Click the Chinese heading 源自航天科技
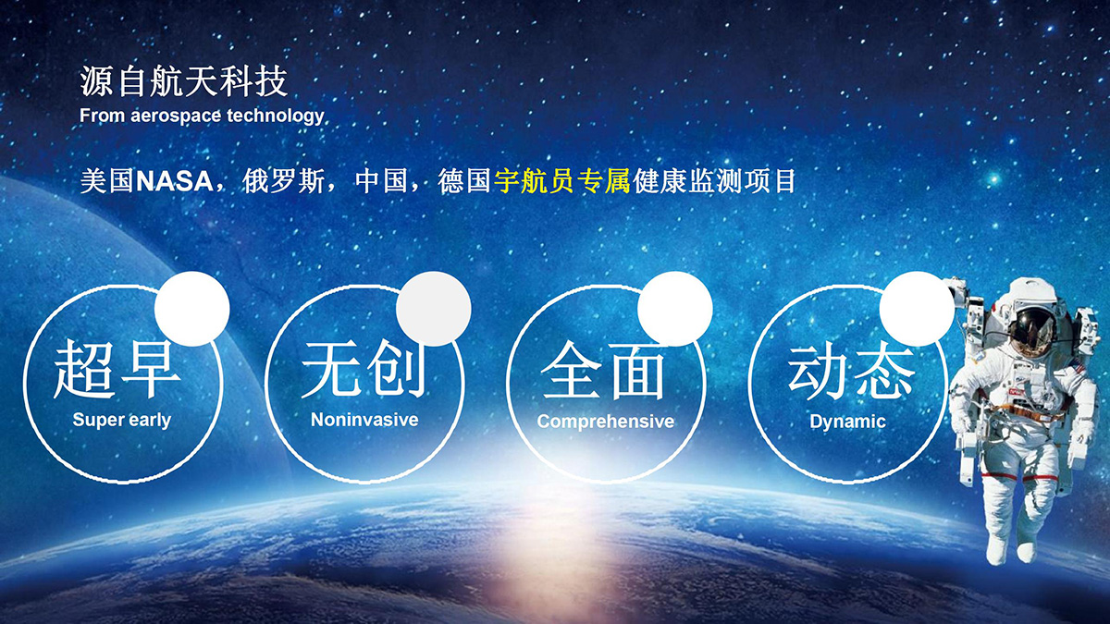coord(183,81)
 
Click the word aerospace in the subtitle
coord(176,116)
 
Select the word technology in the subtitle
coord(276,116)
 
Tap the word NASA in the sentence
coord(175,181)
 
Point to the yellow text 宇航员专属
coord(562,181)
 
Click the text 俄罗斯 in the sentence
coord(283,181)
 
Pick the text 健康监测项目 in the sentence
coord(714,181)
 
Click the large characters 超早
coord(117,370)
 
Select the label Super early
coord(122,420)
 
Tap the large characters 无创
coord(364,370)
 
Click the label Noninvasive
coord(364,420)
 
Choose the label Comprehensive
coord(606,422)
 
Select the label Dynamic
coord(847,422)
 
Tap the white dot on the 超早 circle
coord(192,309)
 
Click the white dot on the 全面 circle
coord(675,309)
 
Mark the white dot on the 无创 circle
coord(434,309)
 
